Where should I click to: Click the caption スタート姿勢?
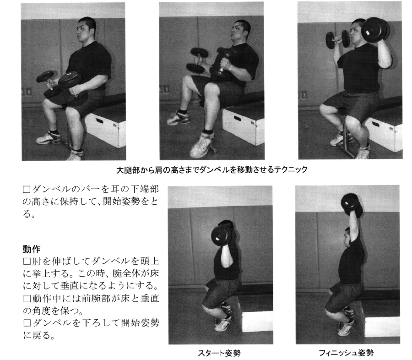[219, 352]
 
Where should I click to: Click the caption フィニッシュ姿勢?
[347, 352]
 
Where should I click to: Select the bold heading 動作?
[31, 249]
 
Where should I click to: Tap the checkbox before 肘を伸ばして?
[27, 262]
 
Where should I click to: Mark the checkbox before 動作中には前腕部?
[27, 299]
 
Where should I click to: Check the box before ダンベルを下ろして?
[27, 322]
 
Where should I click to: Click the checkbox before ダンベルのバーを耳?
[27, 189]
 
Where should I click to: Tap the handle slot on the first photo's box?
[100, 121]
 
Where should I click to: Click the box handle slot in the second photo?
[237, 118]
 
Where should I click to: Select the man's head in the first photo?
[86, 28]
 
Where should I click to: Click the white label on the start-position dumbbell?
[217, 239]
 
